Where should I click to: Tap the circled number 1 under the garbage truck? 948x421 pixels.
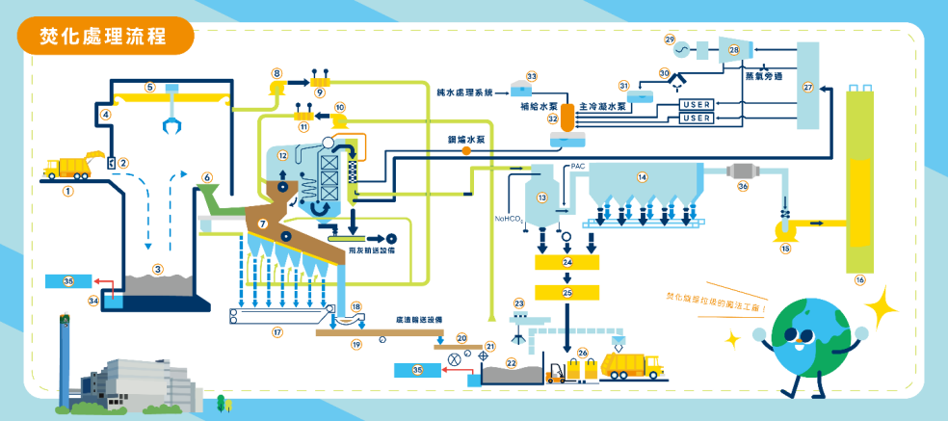[x=67, y=192]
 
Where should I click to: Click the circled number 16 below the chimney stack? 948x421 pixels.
[x=860, y=280]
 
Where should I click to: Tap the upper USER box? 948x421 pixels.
[x=697, y=104]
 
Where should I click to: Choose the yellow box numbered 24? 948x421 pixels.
[x=566, y=262]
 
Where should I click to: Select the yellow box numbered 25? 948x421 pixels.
[x=566, y=292]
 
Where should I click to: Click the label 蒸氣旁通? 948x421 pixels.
[x=763, y=75]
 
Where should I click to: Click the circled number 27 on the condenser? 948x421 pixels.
[x=808, y=88]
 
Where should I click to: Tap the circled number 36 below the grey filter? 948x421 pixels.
[x=743, y=186]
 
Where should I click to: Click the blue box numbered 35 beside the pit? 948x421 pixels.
[x=67, y=281]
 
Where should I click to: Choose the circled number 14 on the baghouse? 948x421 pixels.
[x=642, y=176]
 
